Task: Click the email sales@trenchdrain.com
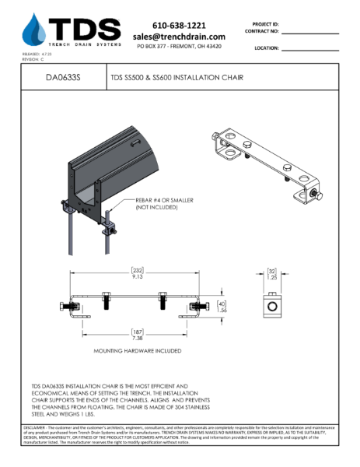179,37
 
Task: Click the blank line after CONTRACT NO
310,33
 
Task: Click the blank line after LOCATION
310,49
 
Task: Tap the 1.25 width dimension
273,276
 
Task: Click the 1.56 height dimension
220,309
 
